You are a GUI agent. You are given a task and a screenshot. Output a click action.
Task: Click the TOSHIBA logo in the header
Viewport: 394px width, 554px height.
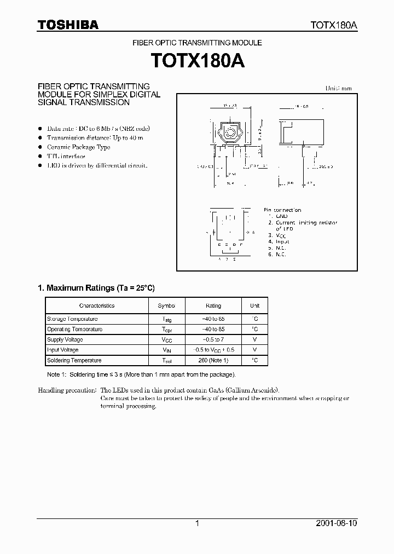click(68, 25)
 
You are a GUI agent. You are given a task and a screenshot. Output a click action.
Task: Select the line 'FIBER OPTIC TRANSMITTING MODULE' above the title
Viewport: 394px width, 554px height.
click(198, 43)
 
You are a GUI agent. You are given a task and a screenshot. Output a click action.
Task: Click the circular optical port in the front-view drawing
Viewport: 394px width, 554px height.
click(230, 132)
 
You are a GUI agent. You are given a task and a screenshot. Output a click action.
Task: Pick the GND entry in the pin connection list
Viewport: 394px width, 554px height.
click(281, 216)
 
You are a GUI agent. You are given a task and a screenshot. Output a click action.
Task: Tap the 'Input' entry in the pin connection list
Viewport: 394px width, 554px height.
click(282, 241)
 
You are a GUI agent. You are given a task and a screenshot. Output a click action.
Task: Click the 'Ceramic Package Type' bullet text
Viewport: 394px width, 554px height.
click(78, 147)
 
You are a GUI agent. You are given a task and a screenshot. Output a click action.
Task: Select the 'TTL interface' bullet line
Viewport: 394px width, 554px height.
click(66, 156)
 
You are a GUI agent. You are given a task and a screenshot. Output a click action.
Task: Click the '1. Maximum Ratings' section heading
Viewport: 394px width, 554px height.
click(100, 287)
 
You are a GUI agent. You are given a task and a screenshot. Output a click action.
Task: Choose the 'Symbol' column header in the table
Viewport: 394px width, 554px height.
click(167, 305)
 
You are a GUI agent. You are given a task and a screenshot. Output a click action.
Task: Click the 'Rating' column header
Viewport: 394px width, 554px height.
click(213, 305)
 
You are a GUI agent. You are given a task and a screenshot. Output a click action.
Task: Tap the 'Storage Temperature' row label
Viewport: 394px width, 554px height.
click(72, 319)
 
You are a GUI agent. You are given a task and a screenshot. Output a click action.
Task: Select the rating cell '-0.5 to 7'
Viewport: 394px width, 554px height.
click(213, 339)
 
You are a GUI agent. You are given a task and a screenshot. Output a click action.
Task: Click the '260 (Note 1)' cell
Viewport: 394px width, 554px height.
click(213, 360)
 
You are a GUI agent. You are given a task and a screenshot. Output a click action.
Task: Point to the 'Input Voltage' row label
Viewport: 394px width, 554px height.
click(63, 350)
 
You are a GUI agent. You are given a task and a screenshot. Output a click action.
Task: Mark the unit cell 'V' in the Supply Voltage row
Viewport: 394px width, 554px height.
click(254, 339)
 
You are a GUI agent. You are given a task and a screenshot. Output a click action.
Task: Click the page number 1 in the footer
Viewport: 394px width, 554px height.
click(196, 523)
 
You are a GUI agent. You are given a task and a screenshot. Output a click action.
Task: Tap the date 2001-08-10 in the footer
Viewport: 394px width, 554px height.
click(336, 523)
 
